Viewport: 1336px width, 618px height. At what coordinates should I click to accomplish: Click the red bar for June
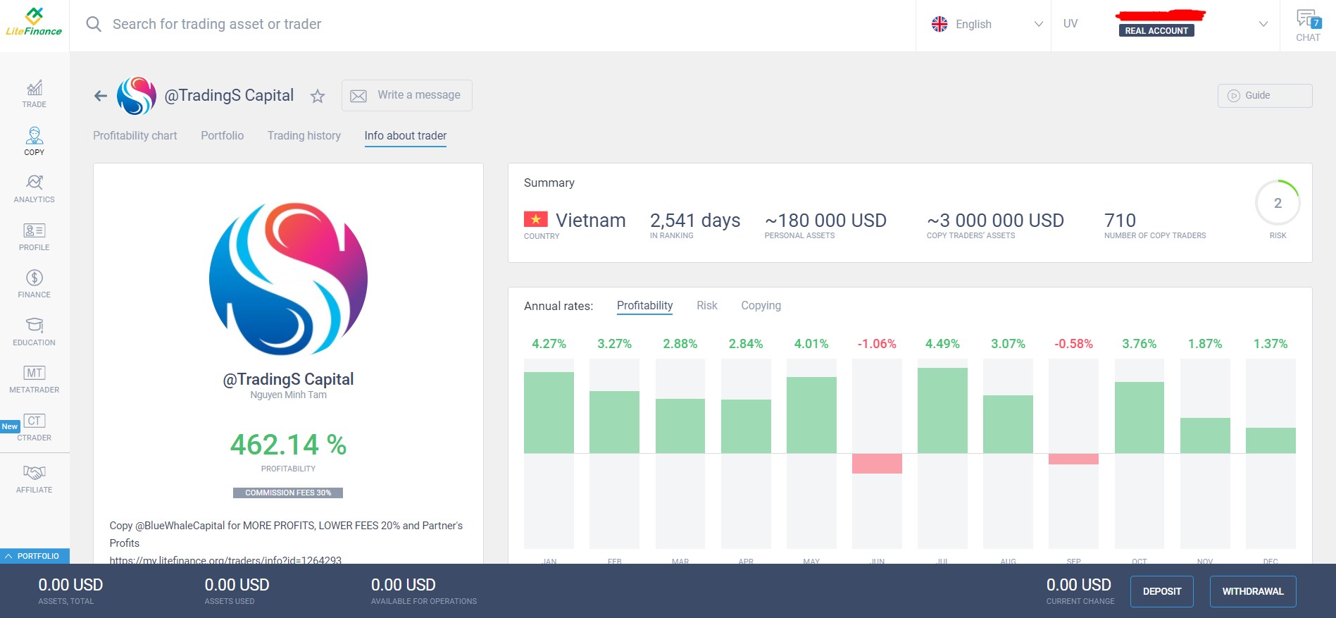[877, 463]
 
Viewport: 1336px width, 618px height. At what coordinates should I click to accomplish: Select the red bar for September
[1073, 459]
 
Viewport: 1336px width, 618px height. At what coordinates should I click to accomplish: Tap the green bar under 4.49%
[942, 410]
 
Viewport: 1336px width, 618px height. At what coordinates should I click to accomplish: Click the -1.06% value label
[877, 344]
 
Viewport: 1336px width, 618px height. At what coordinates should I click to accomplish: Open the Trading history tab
[304, 135]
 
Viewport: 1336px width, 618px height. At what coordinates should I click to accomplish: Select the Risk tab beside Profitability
[706, 305]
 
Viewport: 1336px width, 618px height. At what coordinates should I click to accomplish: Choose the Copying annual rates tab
[761, 305]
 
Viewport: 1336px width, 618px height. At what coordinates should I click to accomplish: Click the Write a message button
[406, 95]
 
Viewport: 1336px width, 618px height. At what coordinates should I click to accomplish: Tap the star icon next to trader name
[318, 97]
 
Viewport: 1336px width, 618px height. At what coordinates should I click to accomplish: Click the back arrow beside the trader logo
[101, 96]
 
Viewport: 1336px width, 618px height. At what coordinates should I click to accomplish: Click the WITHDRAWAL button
[1252, 591]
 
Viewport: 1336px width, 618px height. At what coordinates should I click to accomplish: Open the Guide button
[1264, 95]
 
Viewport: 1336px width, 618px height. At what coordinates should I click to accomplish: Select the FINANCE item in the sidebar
[34, 283]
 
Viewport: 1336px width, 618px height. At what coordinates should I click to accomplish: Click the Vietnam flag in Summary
[535, 219]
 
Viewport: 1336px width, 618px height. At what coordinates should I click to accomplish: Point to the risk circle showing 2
[1277, 203]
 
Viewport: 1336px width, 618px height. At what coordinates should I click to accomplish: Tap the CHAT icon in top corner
[1308, 25]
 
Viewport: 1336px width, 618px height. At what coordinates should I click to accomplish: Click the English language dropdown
[986, 24]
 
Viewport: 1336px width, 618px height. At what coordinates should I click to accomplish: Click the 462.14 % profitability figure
[288, 445]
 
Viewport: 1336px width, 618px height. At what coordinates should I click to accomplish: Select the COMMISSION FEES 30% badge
[288, 493]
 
